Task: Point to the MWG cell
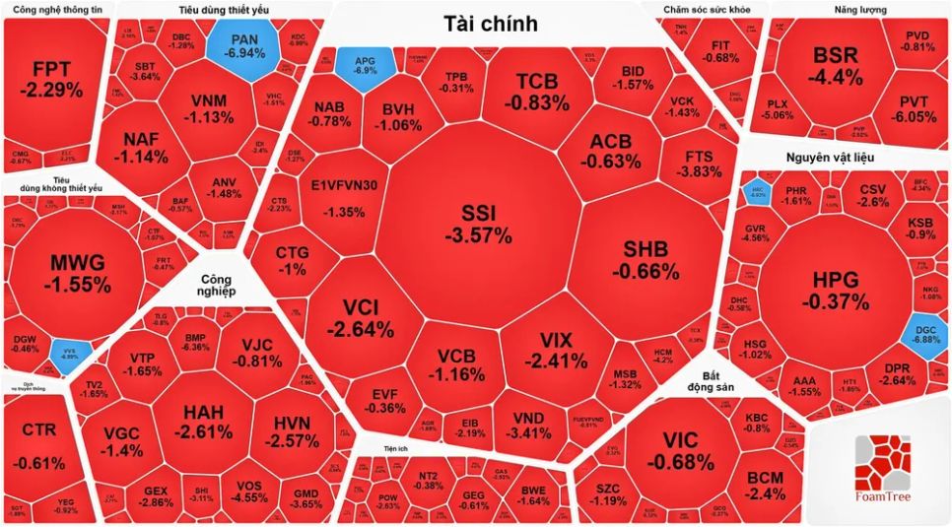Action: (x=81, y=271)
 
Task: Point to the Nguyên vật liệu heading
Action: (x=830, y=158)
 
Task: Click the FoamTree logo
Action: (x=880, y=472)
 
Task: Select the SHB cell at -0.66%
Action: (x=646, y=259)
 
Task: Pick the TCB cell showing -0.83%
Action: (x=537, y=91)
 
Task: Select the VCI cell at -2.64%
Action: (x=361, y=317)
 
